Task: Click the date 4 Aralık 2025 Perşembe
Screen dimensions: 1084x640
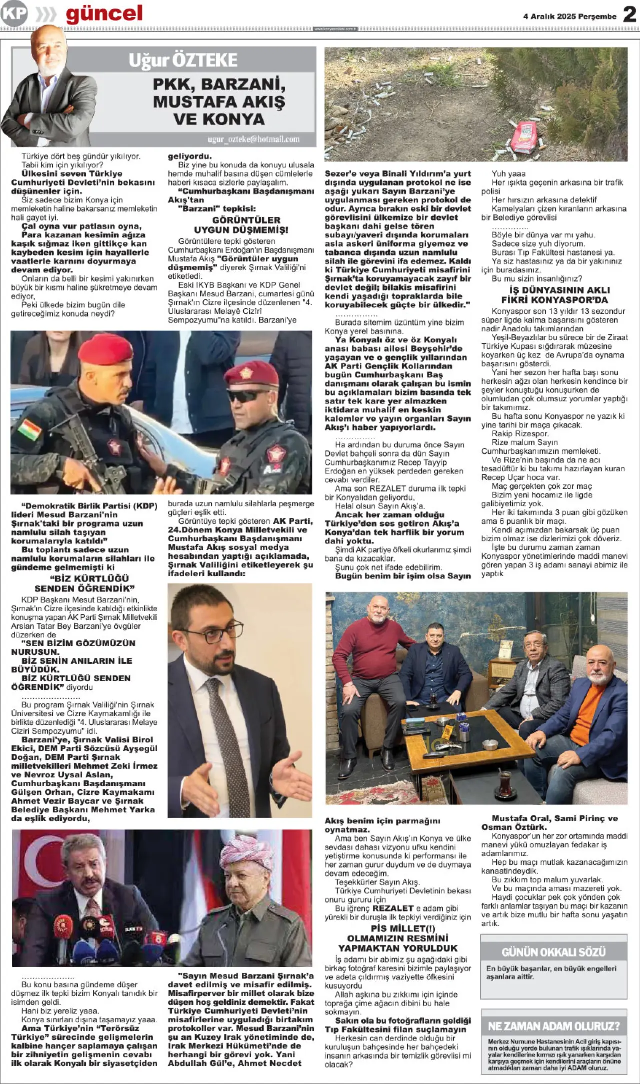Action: coord(570,16)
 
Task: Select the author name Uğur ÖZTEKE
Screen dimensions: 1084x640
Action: coord(183,60)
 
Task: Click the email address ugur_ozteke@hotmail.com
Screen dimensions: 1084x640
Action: coord(254,139)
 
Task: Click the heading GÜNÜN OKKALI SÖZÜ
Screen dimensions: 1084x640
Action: coord(553,951)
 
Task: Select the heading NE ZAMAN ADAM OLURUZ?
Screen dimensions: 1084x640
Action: coord(553,1026)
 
